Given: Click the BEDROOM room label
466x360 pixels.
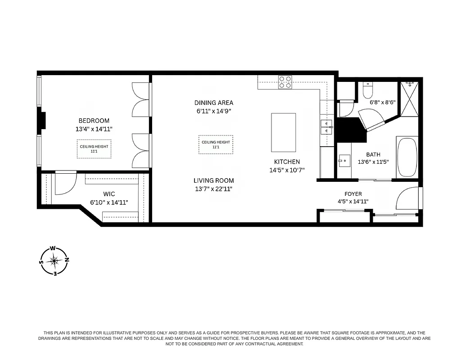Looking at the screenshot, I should [x=94, y=121].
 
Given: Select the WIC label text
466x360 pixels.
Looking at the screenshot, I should [x=109, y=194].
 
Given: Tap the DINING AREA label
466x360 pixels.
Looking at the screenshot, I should [x=214, y=103].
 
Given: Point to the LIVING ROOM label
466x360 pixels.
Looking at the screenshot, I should [x=214, y=180].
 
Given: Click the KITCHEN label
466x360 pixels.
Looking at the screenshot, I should [x=287, y=162].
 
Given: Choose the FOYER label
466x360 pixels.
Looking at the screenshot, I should [x=353, y=194].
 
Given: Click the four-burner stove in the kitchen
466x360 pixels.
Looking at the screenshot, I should [x=285, y=82].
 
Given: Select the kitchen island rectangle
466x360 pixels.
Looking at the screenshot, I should [x=283, y=132].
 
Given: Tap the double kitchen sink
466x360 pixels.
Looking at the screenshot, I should [x=326, y=127].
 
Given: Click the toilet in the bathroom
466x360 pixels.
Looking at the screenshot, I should [x=368, y=91].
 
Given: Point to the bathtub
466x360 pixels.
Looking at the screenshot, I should [x=407, y=157].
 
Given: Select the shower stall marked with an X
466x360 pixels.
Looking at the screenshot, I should [x=409, y=100].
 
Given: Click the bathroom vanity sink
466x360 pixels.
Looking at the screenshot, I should [x=344, y=160].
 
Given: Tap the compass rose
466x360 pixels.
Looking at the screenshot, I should [x=54, y=261].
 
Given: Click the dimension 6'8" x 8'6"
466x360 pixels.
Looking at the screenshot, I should [x=382, y=102].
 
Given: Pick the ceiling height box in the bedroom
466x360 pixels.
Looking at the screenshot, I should [x=94, y=148].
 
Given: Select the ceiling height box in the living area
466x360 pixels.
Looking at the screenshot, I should [x=216, y=144].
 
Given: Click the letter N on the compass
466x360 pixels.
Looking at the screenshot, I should [x=67, y=260].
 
